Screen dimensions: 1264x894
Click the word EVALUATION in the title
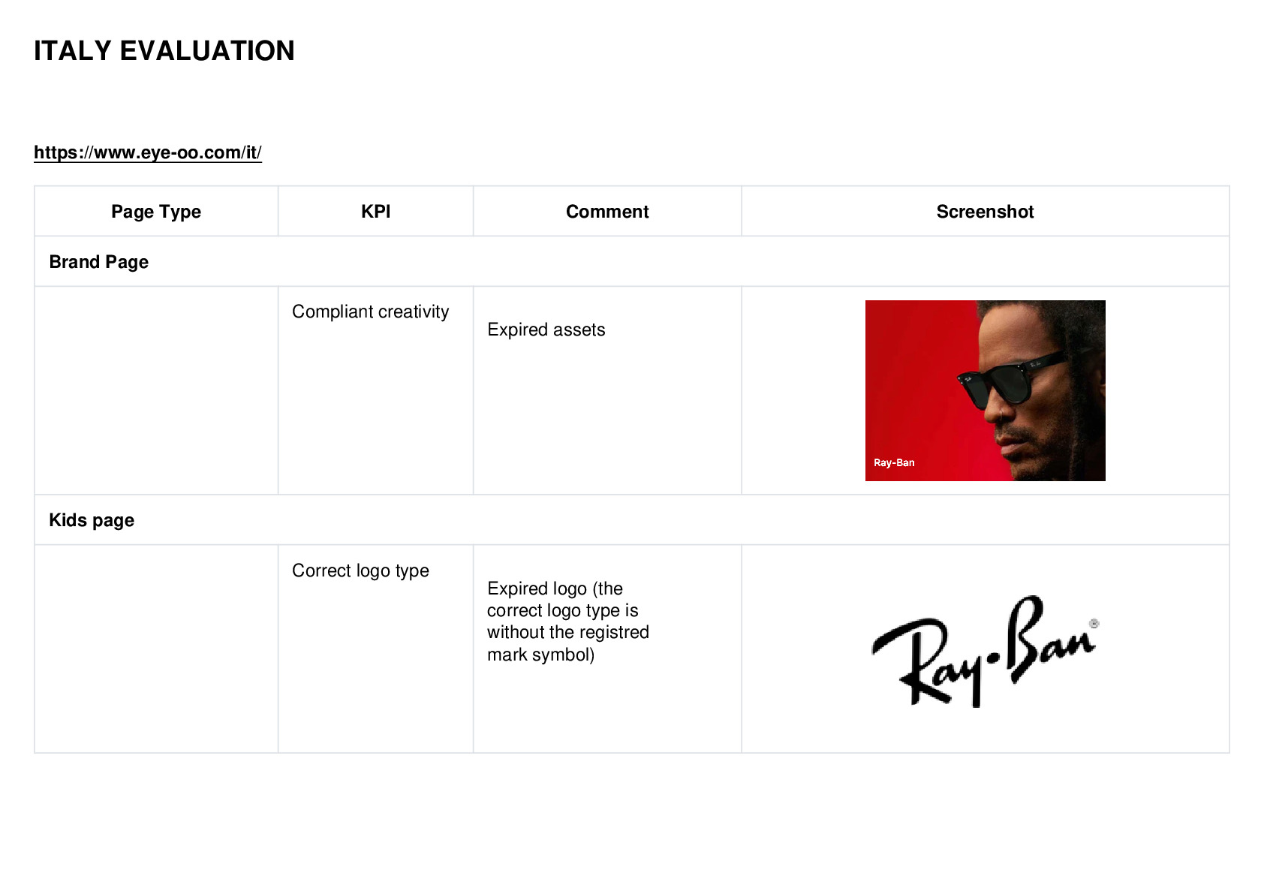click(207, 51)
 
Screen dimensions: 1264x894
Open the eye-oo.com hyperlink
click(148, 152)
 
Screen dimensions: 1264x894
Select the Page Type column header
click(155, 212)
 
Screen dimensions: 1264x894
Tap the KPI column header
click(376, 212)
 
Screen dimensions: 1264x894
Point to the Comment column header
click(607, 212)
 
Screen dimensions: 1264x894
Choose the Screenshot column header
click(985, 212)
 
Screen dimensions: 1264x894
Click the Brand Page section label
click(99, 262)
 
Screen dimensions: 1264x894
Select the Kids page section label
click(92, 519)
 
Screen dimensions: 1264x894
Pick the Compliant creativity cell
click(370, 312)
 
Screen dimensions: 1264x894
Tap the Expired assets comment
click(546, 330)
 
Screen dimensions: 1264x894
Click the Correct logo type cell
click(360, 570)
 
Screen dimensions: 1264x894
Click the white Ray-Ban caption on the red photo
click(894, 463)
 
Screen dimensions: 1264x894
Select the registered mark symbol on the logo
click(1094, 624)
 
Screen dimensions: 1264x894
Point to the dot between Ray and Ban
click(995, 657)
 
